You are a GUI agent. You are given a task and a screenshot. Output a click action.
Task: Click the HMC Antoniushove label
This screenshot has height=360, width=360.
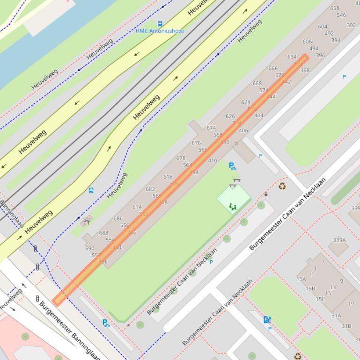(160, 31)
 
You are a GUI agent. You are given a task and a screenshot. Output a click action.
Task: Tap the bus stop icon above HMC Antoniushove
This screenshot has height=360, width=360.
(160, 23)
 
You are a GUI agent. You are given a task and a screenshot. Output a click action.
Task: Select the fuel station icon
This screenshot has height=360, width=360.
(267, 320)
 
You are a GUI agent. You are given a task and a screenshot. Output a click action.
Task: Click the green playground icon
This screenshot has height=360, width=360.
(232, 206)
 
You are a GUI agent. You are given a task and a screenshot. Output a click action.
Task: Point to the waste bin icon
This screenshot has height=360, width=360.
(266, 194)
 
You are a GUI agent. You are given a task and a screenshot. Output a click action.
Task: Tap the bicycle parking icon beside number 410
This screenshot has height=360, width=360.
(232, 166)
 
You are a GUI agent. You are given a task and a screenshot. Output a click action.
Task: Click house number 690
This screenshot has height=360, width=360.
(89, 249)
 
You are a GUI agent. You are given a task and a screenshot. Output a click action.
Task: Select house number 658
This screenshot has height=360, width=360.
(334, 8)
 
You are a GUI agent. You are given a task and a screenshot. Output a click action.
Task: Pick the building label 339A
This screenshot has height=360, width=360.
(339, 240)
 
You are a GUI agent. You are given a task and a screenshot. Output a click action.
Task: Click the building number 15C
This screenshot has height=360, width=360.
(320, 299)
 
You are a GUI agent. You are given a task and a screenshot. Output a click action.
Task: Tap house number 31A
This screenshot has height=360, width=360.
(336, 315)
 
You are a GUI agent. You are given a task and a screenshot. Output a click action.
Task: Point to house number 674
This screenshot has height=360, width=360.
(211, 128)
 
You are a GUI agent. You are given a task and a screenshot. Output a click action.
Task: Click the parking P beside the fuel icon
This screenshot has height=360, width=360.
(270, 329)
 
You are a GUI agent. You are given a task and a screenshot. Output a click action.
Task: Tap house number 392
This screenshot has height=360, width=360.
(351, 25)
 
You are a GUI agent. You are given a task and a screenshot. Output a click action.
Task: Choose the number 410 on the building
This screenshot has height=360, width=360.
(213, 160)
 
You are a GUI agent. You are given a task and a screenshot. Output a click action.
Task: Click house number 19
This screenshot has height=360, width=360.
(351, 304)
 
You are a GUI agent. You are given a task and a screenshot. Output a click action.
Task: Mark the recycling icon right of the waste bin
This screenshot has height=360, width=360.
(282, 186)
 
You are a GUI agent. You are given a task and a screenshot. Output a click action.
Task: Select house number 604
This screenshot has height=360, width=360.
(323, 27)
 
